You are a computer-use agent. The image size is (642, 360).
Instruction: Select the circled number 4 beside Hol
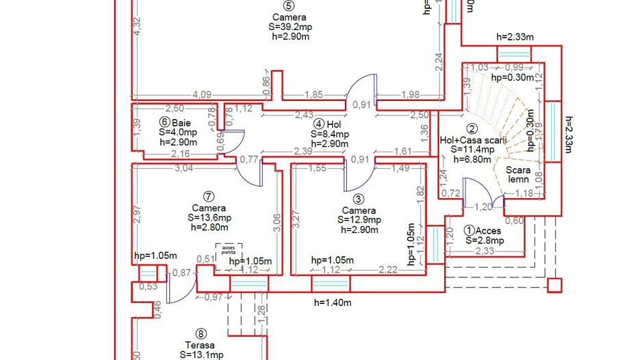(x=320, y=124)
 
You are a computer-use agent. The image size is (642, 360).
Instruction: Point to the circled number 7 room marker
(x=209, y=197)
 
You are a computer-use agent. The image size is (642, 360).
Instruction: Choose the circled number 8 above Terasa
(x=201, y=333)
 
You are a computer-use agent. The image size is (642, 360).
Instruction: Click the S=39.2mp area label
(x=289, y=27)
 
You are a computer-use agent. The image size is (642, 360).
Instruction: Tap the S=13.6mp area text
(x=209, y=218)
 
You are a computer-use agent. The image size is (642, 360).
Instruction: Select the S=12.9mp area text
(x=359, y=220)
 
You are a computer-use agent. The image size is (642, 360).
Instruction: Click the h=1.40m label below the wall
(x=333, y=302)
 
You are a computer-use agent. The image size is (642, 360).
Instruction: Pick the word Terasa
(x=200, y=345)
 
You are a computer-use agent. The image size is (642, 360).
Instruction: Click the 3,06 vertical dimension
(x=277, y=223)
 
